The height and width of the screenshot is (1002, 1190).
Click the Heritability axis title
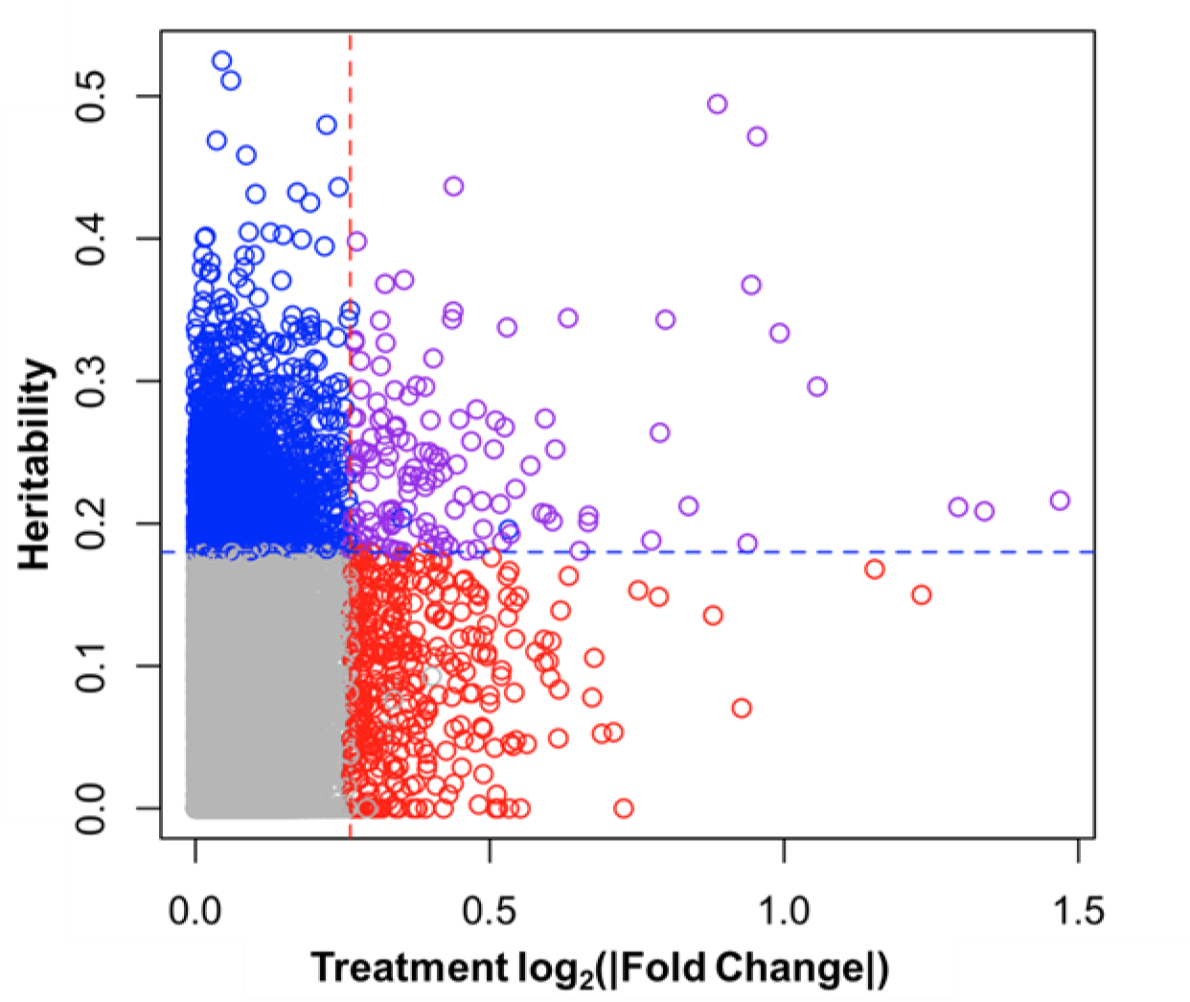(x=35, y=465)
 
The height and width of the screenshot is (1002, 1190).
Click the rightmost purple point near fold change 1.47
(x=1060, y=501)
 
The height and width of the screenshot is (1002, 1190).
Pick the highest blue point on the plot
(x=221, y=61)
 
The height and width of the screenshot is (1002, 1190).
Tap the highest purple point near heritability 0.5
(x=717, y=104)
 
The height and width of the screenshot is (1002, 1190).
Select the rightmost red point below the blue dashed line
(x=921, y=594)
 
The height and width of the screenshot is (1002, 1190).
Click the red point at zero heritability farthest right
(x=624, y=808)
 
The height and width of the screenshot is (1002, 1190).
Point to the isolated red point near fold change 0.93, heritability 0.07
(x=741, y=709)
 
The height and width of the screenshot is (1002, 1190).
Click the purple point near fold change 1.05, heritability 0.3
(x=817, y=386)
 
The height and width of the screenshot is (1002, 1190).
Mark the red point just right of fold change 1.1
(x=874, y=570)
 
